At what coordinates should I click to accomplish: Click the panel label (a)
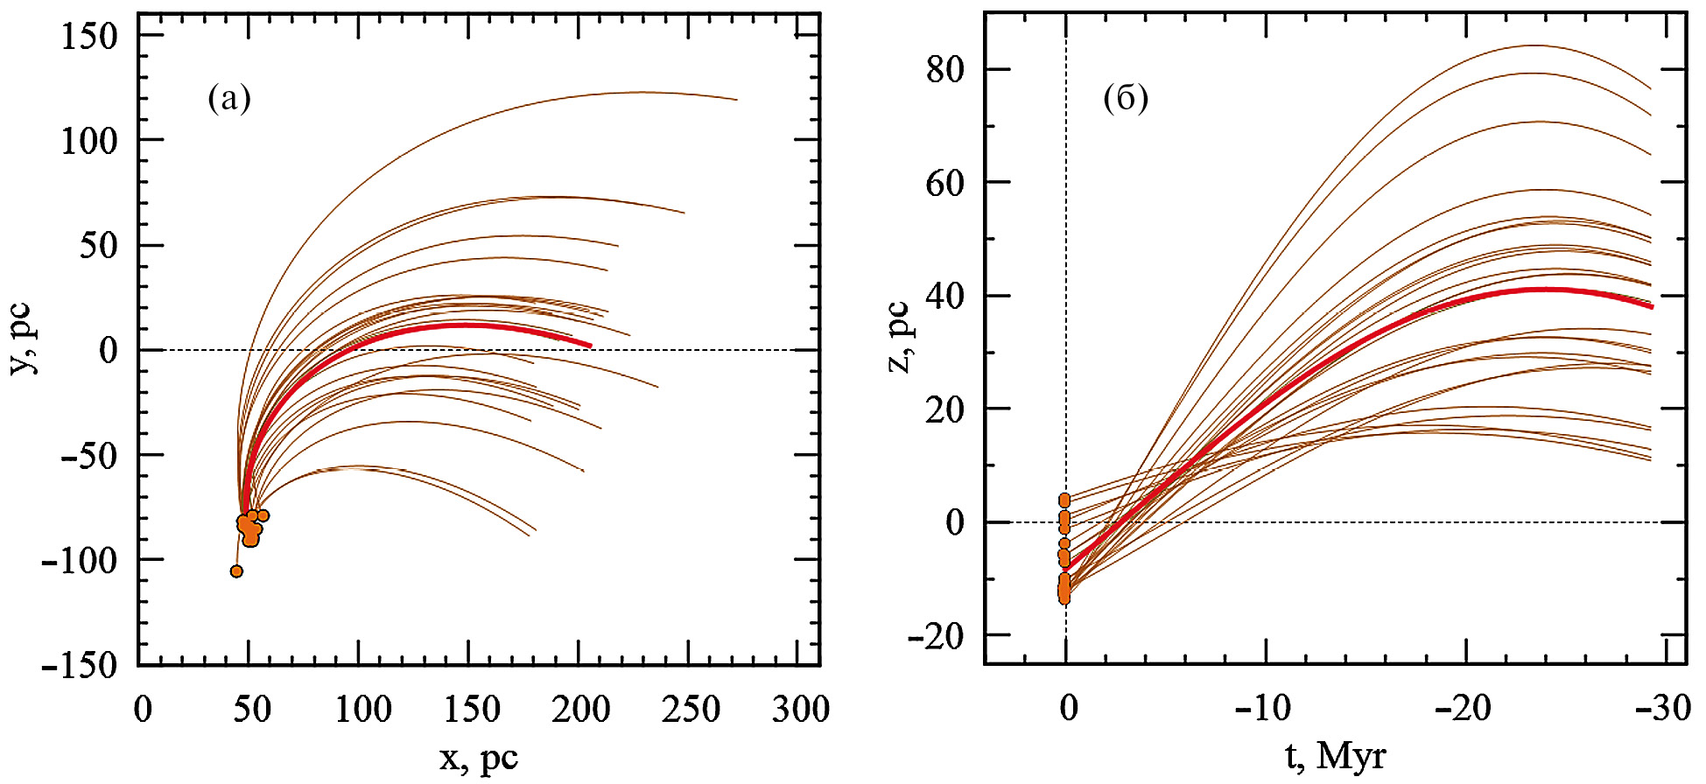pyautogui.click(x=229, y=99)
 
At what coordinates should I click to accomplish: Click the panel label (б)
pyautogui.click(x=1126, y=99)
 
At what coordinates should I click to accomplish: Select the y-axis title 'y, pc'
pyautogui.click(x=24, y=339)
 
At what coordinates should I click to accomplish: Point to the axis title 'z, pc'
pyautogui.click(x=899, y=337)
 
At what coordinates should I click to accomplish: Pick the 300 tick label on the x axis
pyautogui.click(x=800, y=709)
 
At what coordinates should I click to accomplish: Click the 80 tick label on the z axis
pyautogui.click(x=945, y=69)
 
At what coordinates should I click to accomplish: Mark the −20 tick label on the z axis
pyautogui.click(x=936, y=636)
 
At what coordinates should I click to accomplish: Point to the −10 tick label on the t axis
pyautogui.click(x=1263, y=707)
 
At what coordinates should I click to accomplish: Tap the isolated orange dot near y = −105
pyautogui.click(x=236, y=571)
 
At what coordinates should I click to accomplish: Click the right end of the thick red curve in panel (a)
pyautogui.click(x=591, y=346)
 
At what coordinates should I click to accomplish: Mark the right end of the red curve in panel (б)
pyautogui.click(x=1652, y=307)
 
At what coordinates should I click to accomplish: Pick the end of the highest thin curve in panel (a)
pyautogui.click(x=737, y=100)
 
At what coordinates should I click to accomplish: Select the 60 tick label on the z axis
pyautogui.click(x=945, y=183)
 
